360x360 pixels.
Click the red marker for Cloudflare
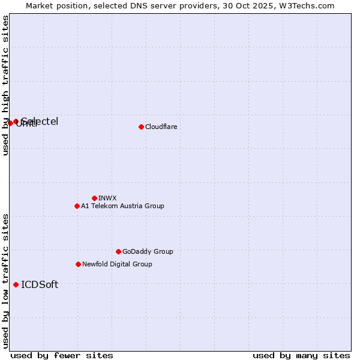point(141,127)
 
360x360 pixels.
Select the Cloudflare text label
point(161,127)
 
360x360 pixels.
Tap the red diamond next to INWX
point(94,198)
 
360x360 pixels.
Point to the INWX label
point(107,198)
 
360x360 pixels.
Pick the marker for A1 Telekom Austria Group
point(77,206)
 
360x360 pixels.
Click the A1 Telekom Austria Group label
point(122,206)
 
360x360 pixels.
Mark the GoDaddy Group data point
point(118,251)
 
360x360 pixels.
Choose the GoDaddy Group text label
point(148,251)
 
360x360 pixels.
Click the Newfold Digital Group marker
point(78,264)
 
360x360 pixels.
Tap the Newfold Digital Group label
point(117,264)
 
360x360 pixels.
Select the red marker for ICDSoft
point(16,284)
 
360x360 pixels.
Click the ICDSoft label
point(40,284)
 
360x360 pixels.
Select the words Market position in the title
point(53,5)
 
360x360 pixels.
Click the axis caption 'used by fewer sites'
point(62,355)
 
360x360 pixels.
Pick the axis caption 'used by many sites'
point(301,355)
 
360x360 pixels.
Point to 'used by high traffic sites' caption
point(5,85)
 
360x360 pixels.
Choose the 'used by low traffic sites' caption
point(5,281)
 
